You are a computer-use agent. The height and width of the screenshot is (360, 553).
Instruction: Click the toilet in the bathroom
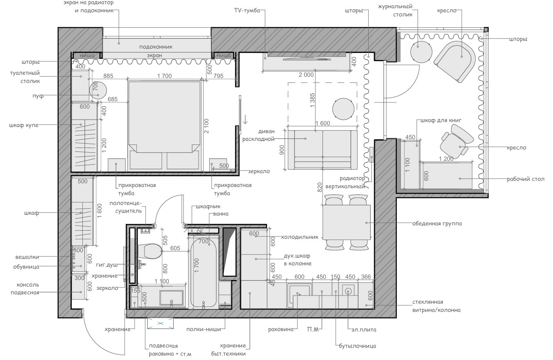[150, 251]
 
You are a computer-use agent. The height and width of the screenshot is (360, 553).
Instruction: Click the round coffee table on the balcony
[421, 52]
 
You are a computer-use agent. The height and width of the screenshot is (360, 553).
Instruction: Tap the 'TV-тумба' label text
[246, 10]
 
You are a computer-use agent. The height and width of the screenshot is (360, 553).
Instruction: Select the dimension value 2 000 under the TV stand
[306, 75]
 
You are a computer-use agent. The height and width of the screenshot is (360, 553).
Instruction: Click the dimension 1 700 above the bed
[164, 76]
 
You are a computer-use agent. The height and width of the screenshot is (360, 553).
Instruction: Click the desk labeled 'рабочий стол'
[448, 176]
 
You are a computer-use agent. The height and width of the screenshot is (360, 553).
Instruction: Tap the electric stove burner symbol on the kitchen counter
[348, 291]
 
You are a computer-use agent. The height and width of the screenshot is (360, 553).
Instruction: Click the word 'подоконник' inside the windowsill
[156, 47]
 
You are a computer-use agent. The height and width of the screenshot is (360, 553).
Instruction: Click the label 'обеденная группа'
[437, 223]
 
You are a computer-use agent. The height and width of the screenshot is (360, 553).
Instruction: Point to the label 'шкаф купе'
[24, 125]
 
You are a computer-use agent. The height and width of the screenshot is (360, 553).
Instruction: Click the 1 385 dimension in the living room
[312, 100]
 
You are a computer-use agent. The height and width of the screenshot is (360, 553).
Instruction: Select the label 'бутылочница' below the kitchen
[358, 346]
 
